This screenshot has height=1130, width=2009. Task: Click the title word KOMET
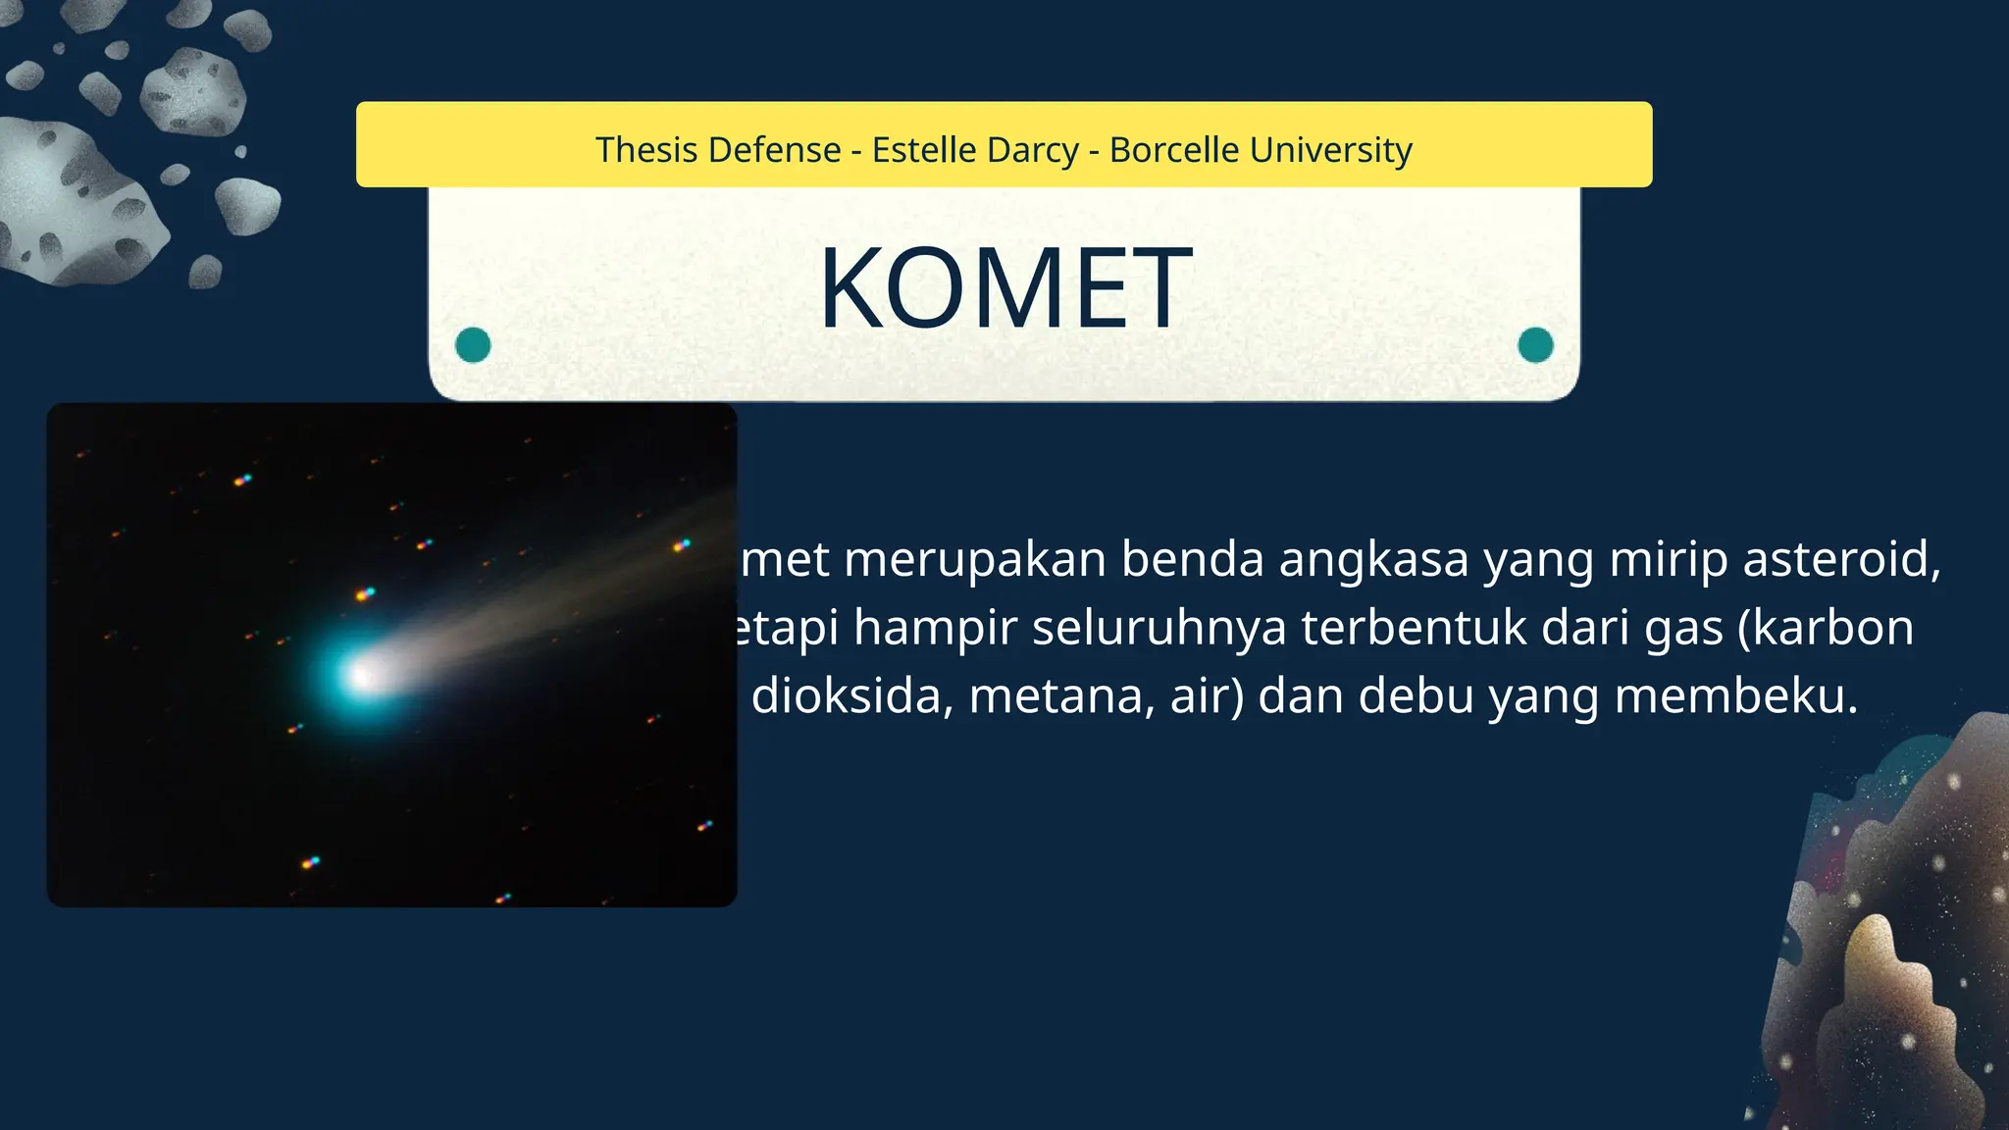click(1004, 289)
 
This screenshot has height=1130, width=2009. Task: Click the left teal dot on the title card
click(473, 345)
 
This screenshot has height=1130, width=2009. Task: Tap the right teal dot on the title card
click(1535, 345)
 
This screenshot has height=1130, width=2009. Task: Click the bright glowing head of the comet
click(361, 674)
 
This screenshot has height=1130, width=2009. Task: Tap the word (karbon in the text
click(1826, 628)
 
